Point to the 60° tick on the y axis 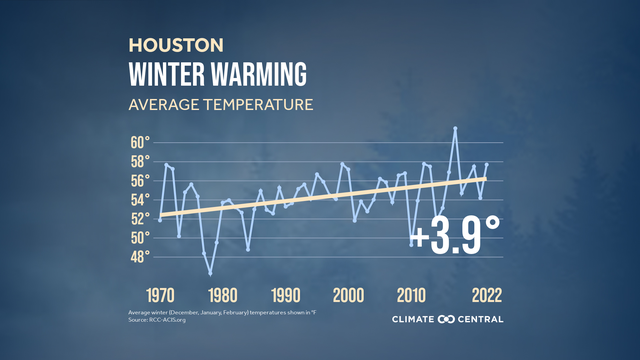[x=140, y=142]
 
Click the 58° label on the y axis [x=140, y=161]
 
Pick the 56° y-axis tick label [x=140, y=180]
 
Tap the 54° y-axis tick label [x=140, y=199]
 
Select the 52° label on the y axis [x=140, y=218]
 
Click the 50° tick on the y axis [x=140, y=237]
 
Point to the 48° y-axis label [x=140, y=256]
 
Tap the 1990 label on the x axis [x=285, y=296]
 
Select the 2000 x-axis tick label [x=348, y=296]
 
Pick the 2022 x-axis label [x=480, y=296]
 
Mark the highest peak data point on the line [x=455, y=128]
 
